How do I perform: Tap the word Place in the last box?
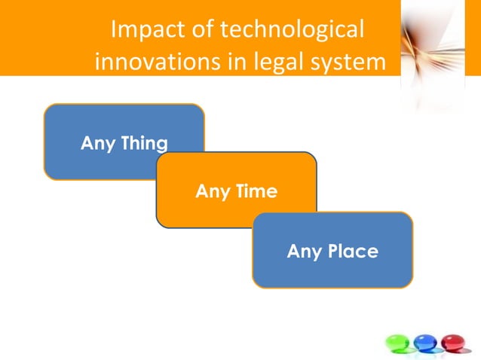coord(352,252)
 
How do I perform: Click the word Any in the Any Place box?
coord(305,252)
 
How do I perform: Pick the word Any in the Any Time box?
coord(213,191)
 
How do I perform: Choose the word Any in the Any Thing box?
coord(97,142)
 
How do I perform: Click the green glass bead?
coord(398,343)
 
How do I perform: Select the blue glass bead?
coord(426,343)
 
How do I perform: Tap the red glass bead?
coord(452,343)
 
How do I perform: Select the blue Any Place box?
coord(332,267)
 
